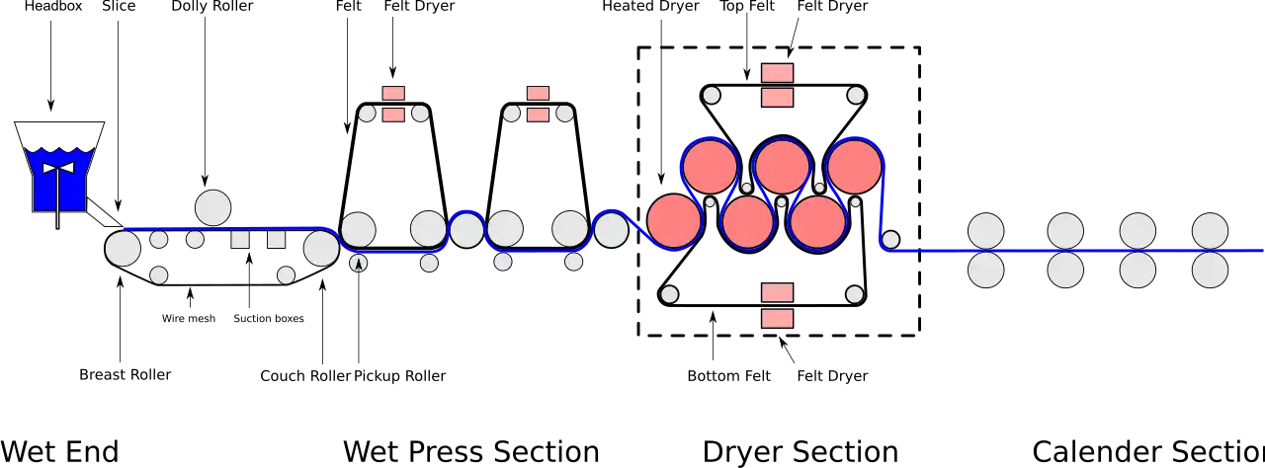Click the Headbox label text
pos(53,6)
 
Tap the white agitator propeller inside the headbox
pos(58,168)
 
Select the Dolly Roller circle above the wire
pos(212,207)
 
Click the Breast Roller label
pos(125,374)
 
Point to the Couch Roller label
pos(305,375)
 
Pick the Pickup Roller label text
pos(400,375)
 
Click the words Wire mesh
pos(189,319)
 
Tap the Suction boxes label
pos(269,319)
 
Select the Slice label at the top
pos(119,6)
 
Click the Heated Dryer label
pos(650,6)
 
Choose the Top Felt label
pos(747,6)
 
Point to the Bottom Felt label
pos(728,375)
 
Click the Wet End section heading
pos(59,451)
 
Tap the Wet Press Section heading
pos(471,451)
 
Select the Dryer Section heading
pos(801,452)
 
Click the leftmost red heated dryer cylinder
pos(674,221)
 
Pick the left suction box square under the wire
pos(240,239)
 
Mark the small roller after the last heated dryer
pos(890,240)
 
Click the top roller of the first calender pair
pos(986,231)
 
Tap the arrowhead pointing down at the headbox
pos(50,106)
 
